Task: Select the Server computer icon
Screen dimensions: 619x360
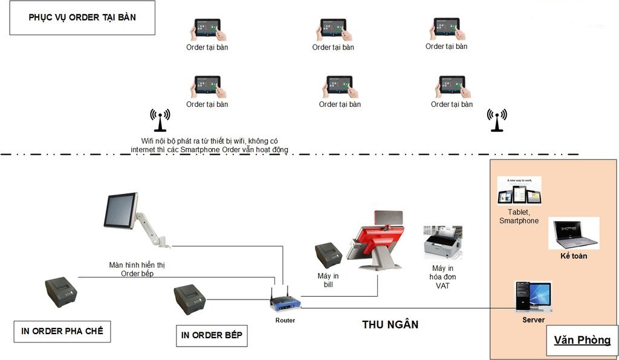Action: click(x=533, y=296)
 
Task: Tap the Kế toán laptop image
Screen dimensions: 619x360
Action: click(x=574, y=234)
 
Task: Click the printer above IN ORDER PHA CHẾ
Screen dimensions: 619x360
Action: click(x=61, y=292)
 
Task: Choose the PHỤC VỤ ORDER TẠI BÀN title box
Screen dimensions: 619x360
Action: click(x=82, y=18)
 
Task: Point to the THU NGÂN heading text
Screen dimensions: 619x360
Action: click(x=390, y=324)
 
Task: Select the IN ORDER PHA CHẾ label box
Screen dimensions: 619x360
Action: click(x=62, y=331)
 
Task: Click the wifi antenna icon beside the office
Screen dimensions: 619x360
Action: click(x=497, y=120)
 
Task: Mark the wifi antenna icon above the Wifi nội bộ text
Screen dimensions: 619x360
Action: click(x=160, y=120)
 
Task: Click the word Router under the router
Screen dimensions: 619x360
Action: click(x=285, y=320)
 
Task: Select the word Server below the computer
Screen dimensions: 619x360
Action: click(x=533, y=320)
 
